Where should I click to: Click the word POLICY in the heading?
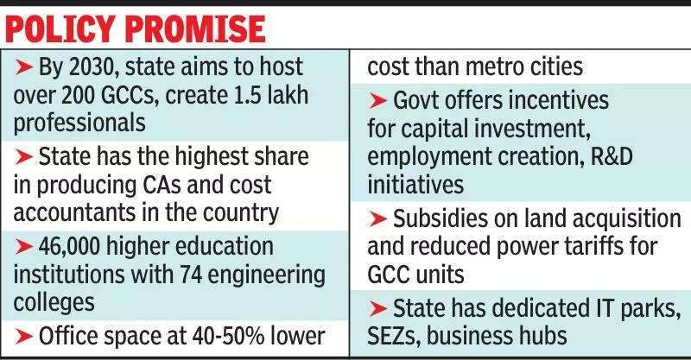(x=65, y=31)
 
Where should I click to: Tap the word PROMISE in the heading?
(x=196, y=31)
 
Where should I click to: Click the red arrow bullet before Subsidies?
(x=377, y=219)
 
